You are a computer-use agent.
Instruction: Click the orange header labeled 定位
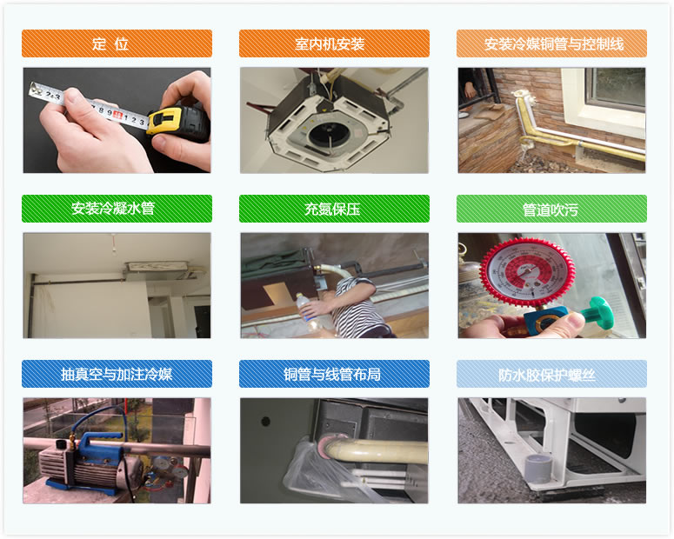tap(117, 43)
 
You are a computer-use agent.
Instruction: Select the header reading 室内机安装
tap(334, 43)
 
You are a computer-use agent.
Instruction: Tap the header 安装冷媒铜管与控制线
tap(551, 43)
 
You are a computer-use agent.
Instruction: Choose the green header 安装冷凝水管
tap(117, 209)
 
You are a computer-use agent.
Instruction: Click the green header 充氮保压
tap(334, 209)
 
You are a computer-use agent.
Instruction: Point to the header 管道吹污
tap(551, 209)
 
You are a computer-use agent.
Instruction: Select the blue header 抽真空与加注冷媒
tap(117, 374)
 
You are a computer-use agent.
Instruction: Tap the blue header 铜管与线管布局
tap(334, 374)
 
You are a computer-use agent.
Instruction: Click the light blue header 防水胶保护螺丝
tap(551, 374)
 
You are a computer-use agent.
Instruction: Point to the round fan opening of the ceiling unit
tap(330, 134)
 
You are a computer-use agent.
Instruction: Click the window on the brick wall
tap(614, 90)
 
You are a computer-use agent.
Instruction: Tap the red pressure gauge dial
tap(527, 271)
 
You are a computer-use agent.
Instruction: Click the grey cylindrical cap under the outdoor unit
tap(538, 468)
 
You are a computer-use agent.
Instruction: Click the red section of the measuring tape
tap(117, 115)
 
